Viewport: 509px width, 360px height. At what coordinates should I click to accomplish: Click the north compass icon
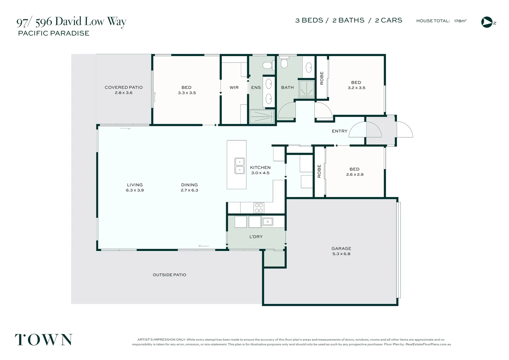[487, 22]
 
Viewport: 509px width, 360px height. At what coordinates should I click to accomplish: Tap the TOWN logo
[44, 340]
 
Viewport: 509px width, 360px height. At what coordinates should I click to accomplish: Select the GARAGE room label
[341, 248]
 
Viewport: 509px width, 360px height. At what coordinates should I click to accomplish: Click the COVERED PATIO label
[124, 87]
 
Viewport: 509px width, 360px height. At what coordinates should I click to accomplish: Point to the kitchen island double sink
[240, 166]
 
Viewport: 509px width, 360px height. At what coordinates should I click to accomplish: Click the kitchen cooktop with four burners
[259, 208]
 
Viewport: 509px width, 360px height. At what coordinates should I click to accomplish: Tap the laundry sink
[267, 221]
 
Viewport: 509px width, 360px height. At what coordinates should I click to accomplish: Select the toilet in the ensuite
[267, 65]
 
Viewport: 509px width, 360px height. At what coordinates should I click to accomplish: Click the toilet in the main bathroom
[284, 63]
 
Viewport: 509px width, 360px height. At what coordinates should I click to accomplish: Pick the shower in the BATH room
[306, 89]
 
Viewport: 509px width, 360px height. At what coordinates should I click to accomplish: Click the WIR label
[234, 87]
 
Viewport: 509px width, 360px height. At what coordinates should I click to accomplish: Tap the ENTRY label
[339, 131]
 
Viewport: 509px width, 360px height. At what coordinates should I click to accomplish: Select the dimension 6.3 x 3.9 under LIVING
[135, 190]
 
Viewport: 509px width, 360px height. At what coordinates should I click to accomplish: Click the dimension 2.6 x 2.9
[354, 175]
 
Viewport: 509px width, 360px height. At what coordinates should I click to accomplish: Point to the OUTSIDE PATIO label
[169, 275]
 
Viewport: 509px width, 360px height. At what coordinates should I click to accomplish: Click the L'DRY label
[256, 237]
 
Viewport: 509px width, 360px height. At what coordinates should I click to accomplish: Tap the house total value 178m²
[460, 21]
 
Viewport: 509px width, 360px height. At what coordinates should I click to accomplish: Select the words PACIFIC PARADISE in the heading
[54, 33]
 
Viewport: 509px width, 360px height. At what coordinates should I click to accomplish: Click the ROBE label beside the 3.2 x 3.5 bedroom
[322, 78]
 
